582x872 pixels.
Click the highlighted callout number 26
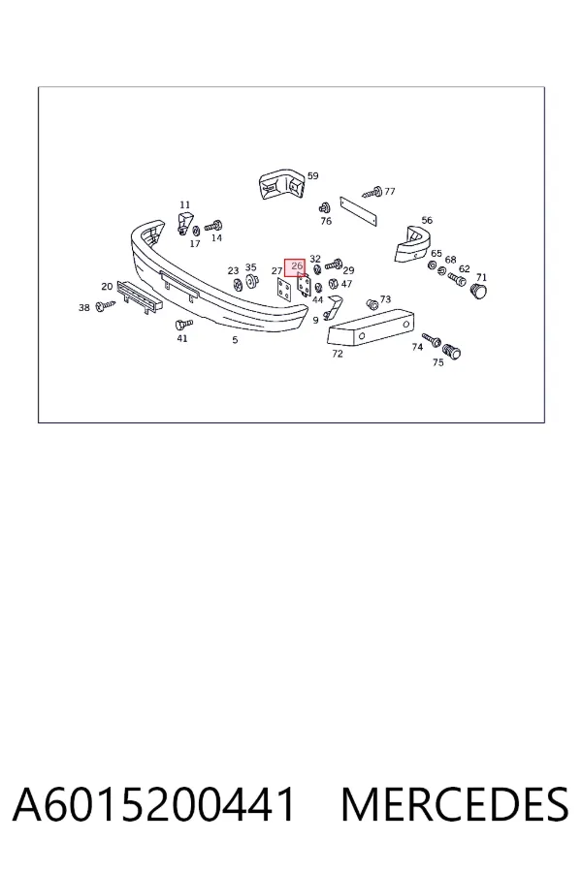pyautogui.click(x=296, y=266)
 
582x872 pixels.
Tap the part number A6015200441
pyautogui.click(x=154, y=804)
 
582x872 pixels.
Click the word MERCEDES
pyautogui.click(x=455, y=804)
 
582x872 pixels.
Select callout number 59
pyautogui.click(x=313, y=175)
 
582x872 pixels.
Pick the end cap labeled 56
pyautogui.click(x=411, y=244)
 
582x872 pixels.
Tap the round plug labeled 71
pyautogui.click(x=478, y=291)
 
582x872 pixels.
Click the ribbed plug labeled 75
pyautogui.click(x=452, y=351)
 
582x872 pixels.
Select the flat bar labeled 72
pyautogui.click(x=371, y=328)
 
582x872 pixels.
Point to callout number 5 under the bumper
pyautogui.click(x=235, y=340)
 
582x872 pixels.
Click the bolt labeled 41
pyautogui.click(x=182, y=324)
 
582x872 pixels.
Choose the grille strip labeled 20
pyautogui.click(x=140, y=296)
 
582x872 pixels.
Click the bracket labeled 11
pyautogui.click(x=184, y=223)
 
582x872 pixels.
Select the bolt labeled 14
pyautogui.click(x=213, y=226)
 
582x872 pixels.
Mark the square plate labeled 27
pyautogui.click(x=284, y=289)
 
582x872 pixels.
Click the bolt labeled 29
pyautogui.click(x=334, y=264)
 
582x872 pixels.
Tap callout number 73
pyautogui.click(x=385, y=299)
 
